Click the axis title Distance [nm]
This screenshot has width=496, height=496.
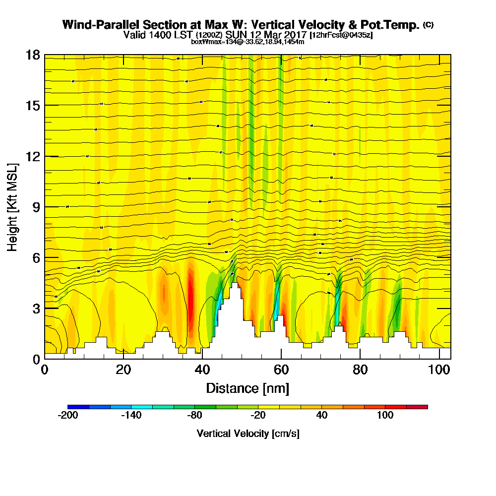click(x=248, y=388)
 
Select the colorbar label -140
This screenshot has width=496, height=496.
click(x=131, y=415)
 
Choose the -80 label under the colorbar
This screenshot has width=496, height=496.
click(x=195, y=415)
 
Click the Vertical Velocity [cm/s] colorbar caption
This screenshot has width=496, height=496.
click(x=248, y=434)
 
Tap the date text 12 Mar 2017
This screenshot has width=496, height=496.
click(x=279, y=35)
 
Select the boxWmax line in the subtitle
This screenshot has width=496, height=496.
click(x=248, y=42)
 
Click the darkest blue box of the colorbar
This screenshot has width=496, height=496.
click(x=78, y=407)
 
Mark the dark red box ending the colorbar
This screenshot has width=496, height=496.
click(x=417, y=407)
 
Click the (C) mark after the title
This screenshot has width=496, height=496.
click(x=428, y=25)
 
